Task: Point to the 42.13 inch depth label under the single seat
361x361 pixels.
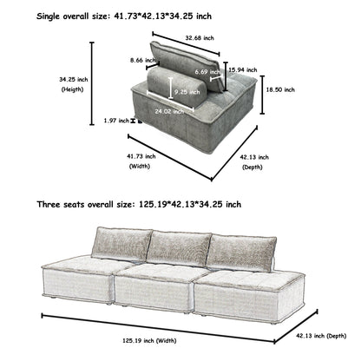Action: pyautogui.click(x=252, y=161)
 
